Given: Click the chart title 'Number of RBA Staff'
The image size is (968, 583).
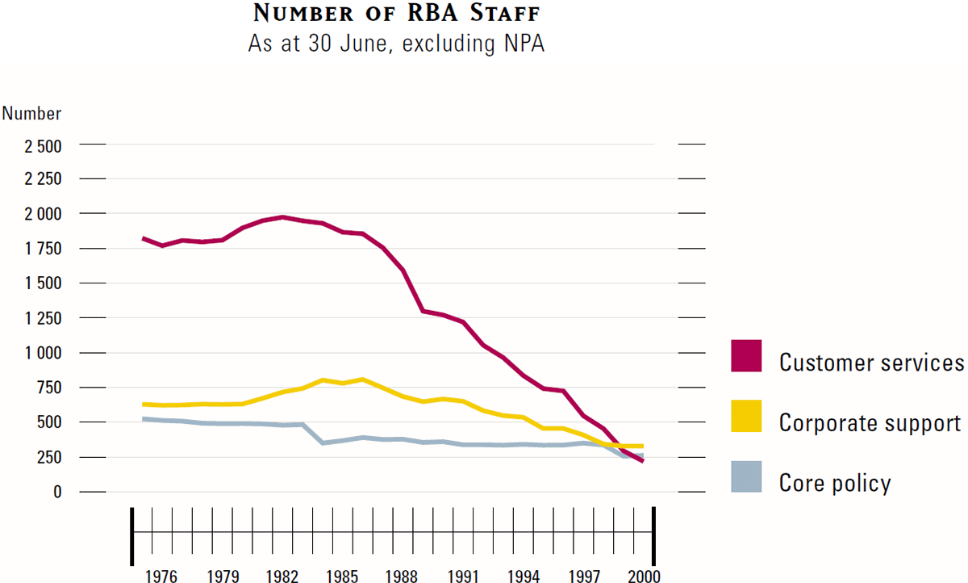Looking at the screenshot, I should pos(396,14).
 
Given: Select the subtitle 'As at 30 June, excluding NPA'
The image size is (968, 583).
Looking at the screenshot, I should pos(396,44).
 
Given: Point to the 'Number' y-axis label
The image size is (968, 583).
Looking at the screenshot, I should pos(31,114).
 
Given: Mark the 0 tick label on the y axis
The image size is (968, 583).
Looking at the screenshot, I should pos(56,492).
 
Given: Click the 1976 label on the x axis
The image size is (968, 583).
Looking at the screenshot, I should pos(161,576).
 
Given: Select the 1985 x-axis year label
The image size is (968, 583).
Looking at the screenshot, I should pos(343,576).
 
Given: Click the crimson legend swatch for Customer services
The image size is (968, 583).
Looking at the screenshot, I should pos(746,356).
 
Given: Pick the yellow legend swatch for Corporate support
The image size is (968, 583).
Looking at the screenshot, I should pos(746,416).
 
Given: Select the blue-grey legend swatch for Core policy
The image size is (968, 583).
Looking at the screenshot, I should pos(746,476).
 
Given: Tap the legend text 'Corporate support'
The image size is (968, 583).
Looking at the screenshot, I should pos(870,422).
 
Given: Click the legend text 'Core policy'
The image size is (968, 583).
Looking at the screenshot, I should pos(835,483).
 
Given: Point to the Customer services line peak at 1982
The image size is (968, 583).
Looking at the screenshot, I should pos(282,217).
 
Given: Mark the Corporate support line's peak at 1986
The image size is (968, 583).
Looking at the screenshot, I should pos(362,379).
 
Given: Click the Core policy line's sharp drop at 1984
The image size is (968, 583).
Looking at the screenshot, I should pos(323,442).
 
